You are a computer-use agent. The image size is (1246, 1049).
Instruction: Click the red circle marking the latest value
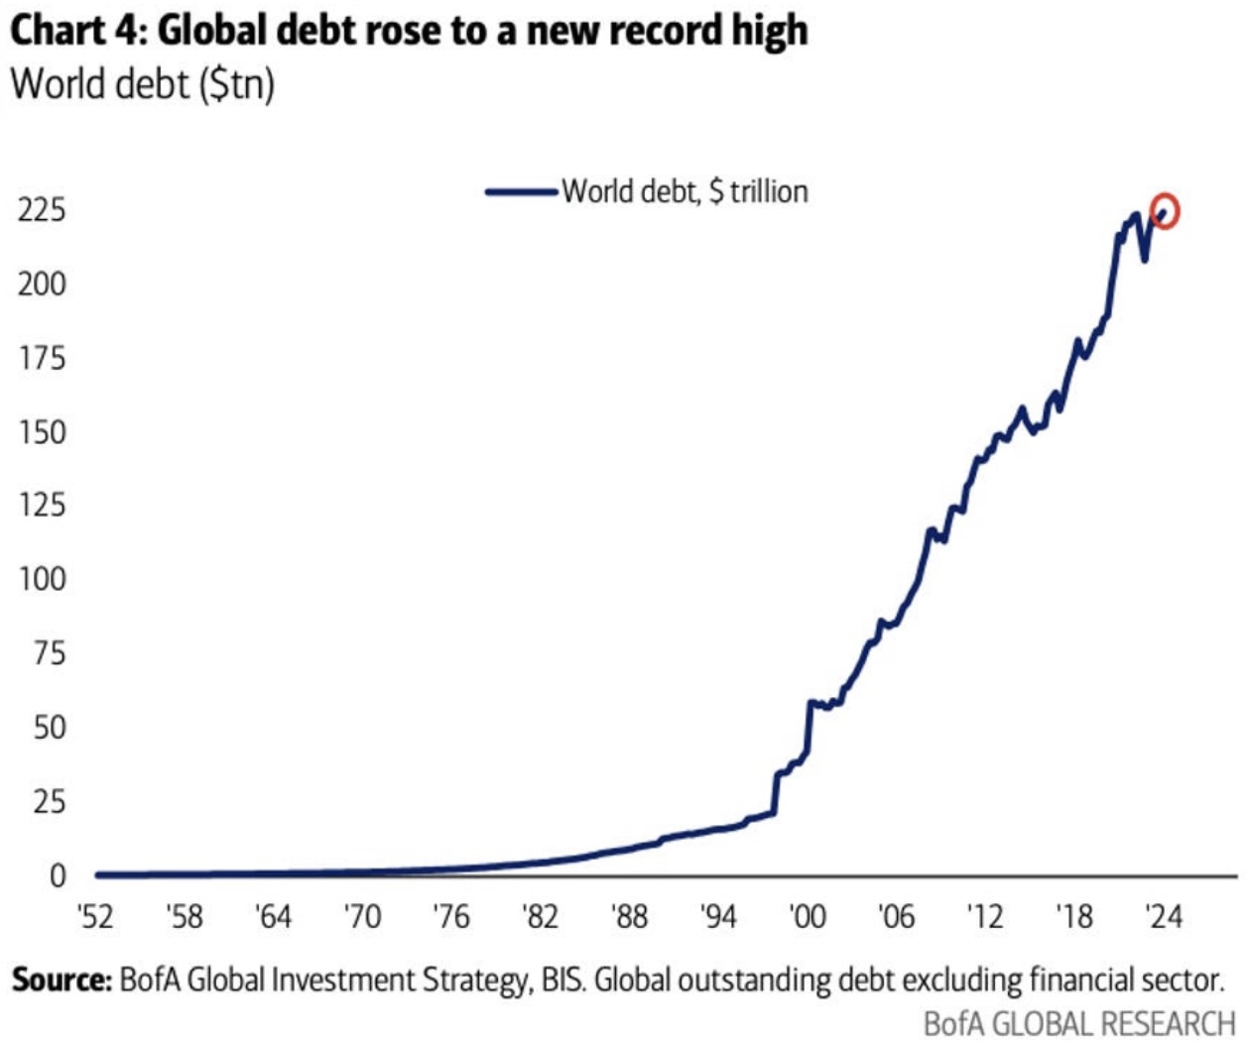click(x=1166, y=211)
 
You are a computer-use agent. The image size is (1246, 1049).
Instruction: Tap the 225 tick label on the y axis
click(x=42, y=210)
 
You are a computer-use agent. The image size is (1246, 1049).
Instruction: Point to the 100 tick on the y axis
click(x=42, y=579)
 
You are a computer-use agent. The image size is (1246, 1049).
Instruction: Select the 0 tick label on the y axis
click(x=57, y=875)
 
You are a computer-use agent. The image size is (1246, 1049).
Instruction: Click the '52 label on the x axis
click(x=95, y=916)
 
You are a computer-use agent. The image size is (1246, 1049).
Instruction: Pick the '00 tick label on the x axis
click(x=807, y=916)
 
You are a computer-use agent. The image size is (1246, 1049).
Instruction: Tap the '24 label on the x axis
click(x=1163, y=916)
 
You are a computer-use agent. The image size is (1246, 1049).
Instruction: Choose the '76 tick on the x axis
click(x=450, y=916)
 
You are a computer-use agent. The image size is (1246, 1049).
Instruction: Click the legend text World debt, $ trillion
click(x=685, y=191)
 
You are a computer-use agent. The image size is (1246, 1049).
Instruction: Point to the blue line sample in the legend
click(x=521, y=191)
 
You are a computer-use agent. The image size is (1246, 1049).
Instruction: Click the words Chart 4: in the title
click(x=78, y=32)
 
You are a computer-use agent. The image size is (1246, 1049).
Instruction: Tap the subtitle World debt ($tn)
click(x=142, y=84)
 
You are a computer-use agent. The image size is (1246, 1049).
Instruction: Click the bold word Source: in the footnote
click(x=62, y=981)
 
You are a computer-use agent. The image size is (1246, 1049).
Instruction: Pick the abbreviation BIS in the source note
click(x=562, y=981)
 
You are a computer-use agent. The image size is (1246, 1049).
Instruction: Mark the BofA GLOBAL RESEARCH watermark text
click(x=1078, y=1023)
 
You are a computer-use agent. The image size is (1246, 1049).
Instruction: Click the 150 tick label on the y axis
click(x=42, y=432)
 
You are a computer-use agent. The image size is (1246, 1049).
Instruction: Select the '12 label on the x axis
click(x=985, y=916)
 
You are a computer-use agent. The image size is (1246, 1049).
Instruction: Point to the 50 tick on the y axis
click(x=49, y=728)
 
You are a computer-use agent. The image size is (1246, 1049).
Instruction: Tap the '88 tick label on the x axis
click(x=629, y=916)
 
